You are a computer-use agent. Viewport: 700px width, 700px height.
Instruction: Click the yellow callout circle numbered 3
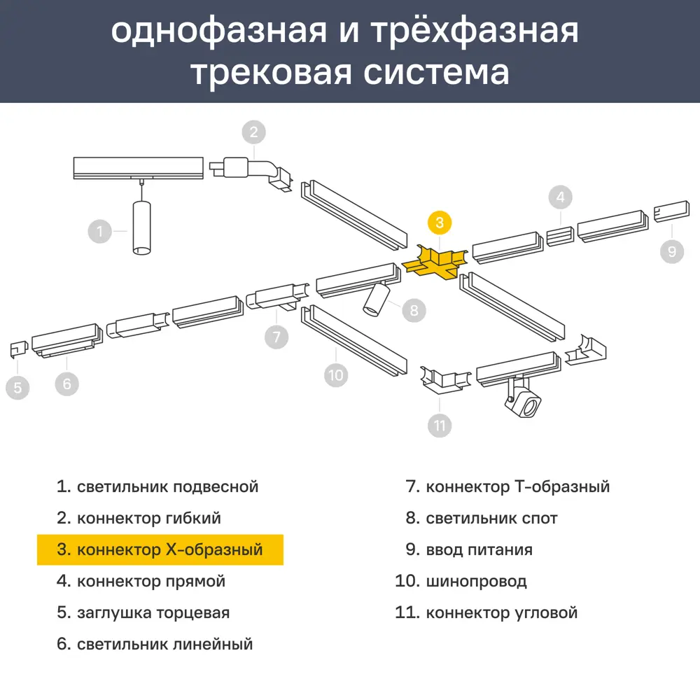click(439, 223)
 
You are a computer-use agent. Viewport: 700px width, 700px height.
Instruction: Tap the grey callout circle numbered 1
click(100, 231)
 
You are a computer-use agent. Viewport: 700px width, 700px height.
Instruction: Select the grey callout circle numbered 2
click(254, 132)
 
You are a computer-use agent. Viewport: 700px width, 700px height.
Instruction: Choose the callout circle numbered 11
click(440, 425)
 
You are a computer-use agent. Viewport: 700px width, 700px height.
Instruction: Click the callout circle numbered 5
click(18, 387)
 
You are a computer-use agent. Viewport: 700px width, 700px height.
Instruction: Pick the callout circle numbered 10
click(337, 374)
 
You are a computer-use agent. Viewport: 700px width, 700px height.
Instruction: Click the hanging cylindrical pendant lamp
click(141, 227)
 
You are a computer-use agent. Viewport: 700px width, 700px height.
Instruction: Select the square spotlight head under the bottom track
click(525, 404)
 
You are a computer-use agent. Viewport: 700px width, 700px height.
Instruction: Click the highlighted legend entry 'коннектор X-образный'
click(160, 549)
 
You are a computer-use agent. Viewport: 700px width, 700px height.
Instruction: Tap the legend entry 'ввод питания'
click(479, 549)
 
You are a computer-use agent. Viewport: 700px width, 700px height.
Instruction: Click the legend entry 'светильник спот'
click(491, 518)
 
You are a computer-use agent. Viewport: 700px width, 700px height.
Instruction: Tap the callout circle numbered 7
click(276, 337)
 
